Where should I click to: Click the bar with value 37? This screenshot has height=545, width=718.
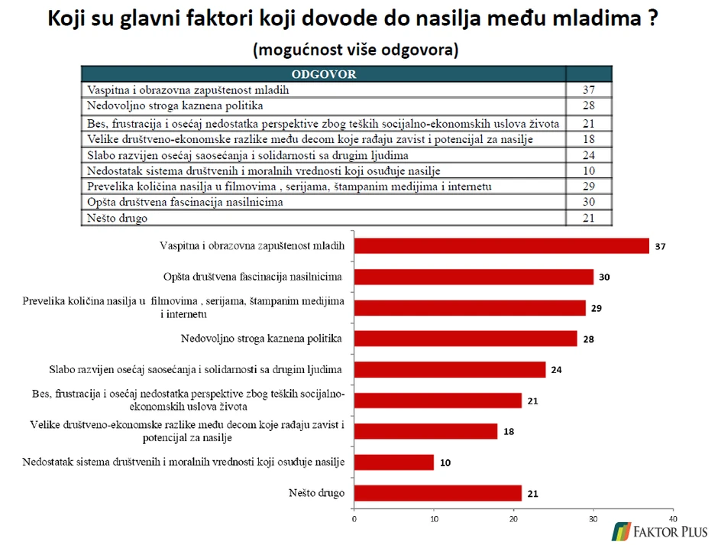pos(501,245)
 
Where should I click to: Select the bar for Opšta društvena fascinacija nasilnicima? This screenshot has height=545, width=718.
pos(474,277)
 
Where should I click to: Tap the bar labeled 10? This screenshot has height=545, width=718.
pos(394,462)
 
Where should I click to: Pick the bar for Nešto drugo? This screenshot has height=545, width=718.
pos(438,493)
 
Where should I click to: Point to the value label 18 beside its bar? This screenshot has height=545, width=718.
pos(509,432)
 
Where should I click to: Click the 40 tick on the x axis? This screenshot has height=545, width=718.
pos(672,518)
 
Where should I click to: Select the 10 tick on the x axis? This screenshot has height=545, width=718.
pos(434,518)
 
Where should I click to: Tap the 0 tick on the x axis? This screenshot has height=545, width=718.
pos(354,518)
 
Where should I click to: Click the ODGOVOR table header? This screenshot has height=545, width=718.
pos(323,74)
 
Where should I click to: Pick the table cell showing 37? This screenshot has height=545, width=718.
pos(588,89)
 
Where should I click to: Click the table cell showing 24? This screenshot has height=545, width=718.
pos(588,154)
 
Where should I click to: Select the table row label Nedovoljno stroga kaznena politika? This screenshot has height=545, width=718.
pos(175,105)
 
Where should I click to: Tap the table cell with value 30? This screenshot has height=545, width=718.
pos(588,202)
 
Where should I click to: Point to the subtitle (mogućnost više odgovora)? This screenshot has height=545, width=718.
pos(355,50)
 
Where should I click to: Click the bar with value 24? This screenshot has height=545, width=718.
pos(450,369)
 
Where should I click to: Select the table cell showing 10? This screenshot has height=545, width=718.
pos(588,170)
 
